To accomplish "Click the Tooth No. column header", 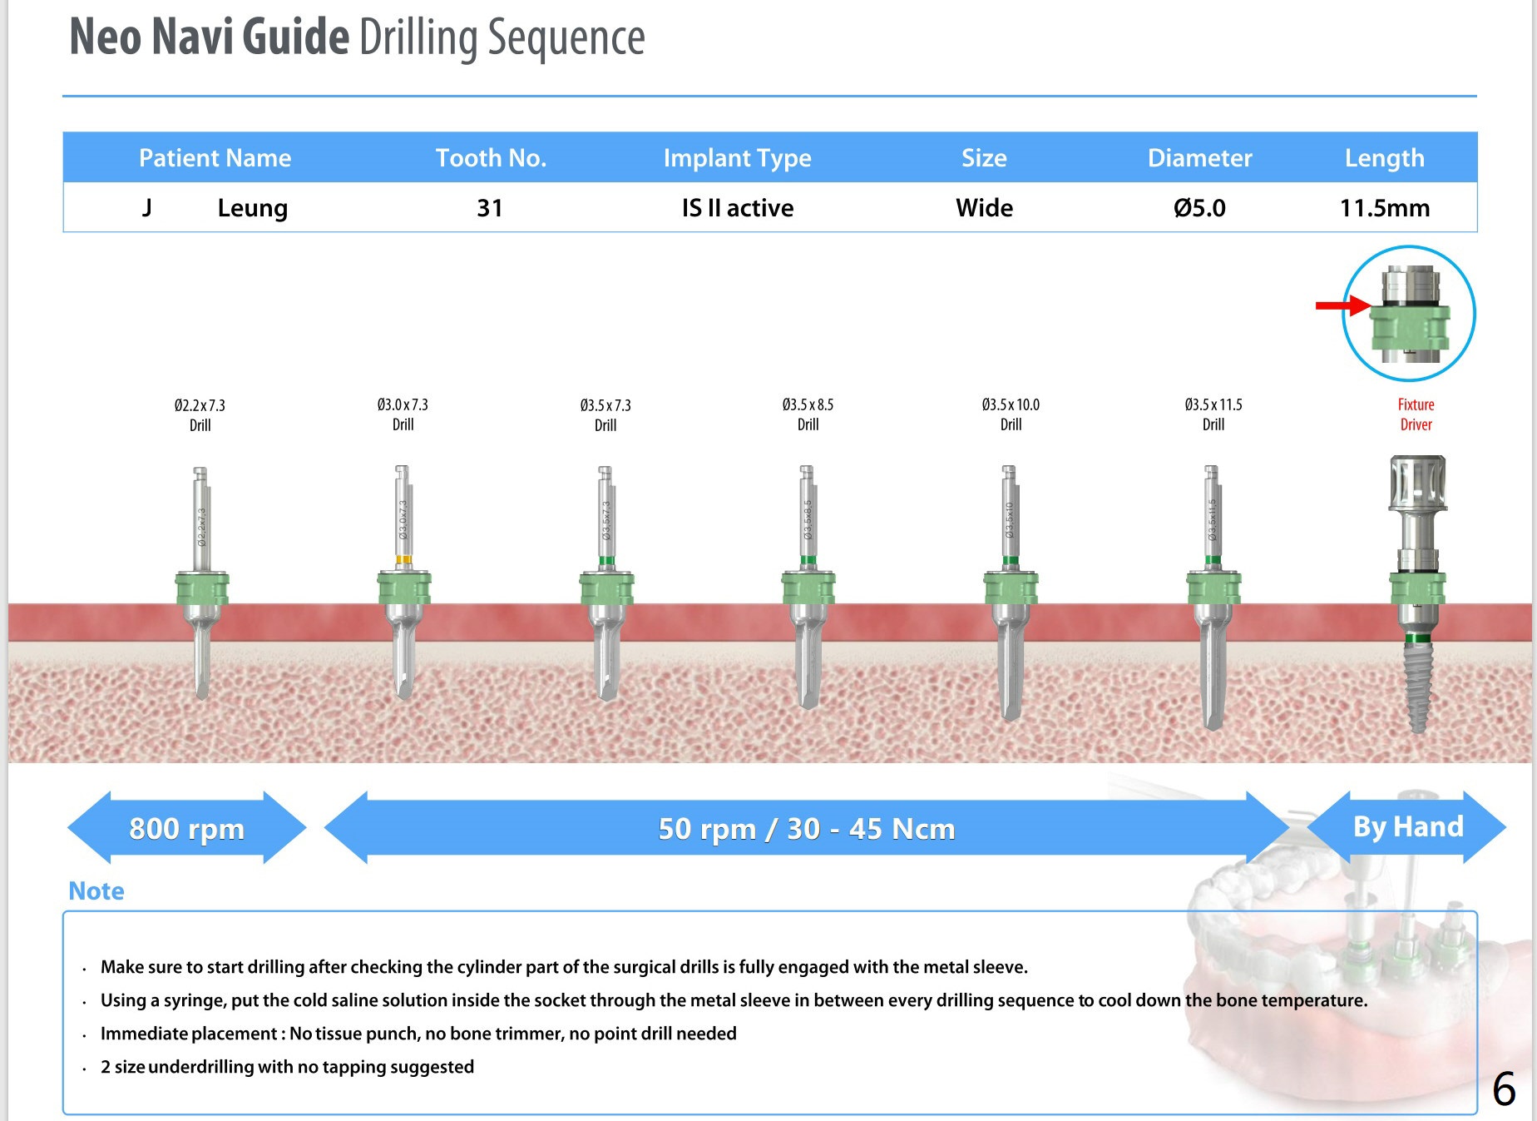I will click(491, 158).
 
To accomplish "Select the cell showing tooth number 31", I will click(490, 208).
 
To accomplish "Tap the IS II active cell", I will click(738, 208).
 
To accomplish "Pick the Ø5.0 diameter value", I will click(1199, 208).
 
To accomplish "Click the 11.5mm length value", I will click(1385, 208).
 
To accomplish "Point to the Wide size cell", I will click(984, 208).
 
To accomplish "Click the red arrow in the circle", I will click(1342, 305).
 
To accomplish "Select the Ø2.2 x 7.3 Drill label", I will click(200, 414).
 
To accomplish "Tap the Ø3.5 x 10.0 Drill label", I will click(1011, 414).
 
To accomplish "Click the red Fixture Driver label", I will click(1416, 414).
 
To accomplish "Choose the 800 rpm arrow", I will click(186, 828).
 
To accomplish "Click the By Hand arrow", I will click(1407, 826).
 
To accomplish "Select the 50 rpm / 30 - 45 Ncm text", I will click(806, 829).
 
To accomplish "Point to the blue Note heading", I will click(96, 891).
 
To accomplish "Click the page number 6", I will click(1504, 1089).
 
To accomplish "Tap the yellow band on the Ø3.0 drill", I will click(403, 560).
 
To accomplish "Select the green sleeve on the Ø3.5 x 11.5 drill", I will click(1213, 588).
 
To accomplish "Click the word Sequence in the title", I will click(566, 38).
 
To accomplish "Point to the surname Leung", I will click(252, 208).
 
